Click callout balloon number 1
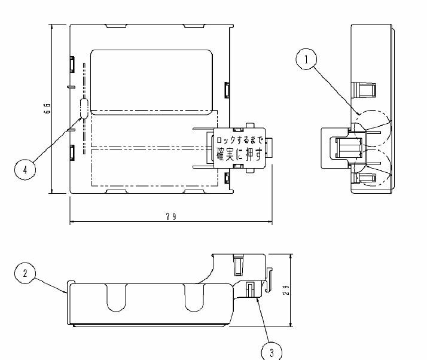[307, 59]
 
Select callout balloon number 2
[25, 273]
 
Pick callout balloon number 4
[25, 169]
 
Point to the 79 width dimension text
[171, 216]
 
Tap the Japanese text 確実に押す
[239, 154]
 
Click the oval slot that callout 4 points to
[84, 108]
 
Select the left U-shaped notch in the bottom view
[117, 298]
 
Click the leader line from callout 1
[335, 89]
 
